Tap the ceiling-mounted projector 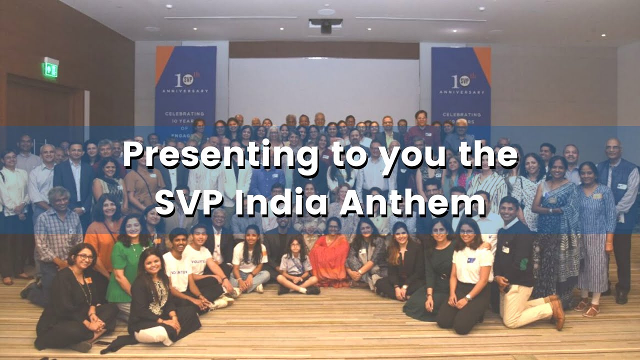326,25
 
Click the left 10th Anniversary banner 185,85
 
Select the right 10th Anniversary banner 460,85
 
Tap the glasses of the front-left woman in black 84,257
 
